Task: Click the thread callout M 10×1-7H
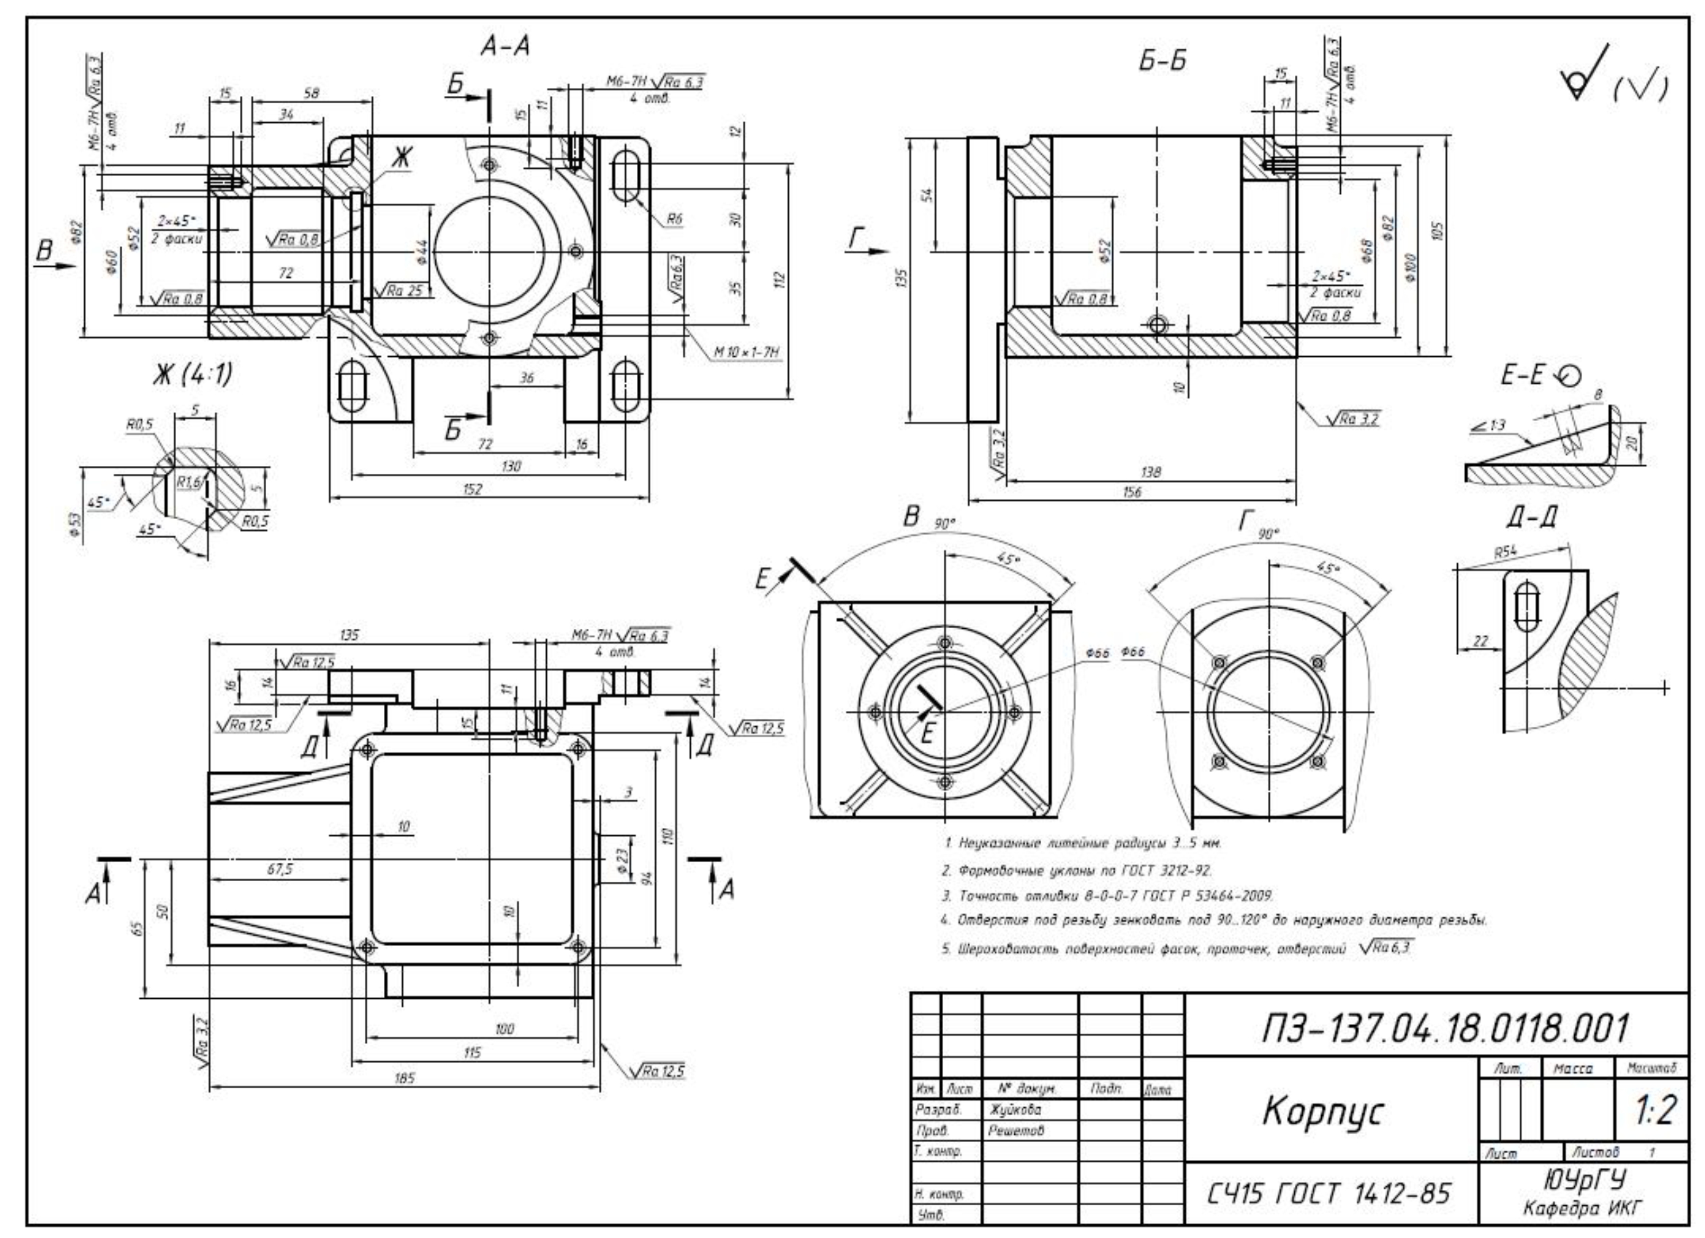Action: [x=746, y=351]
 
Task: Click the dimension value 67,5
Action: [x=279, y=869]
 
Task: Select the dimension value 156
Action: [x=1131, y=492]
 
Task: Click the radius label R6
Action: [x=674, y=219]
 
